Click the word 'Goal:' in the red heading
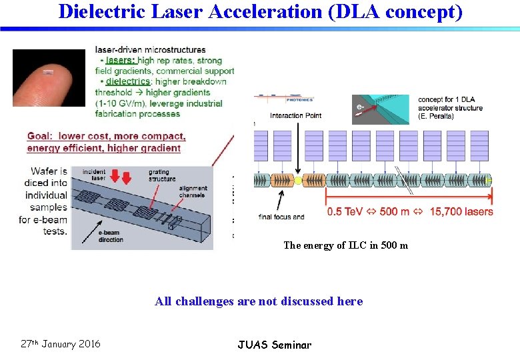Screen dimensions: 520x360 tap(40, 137)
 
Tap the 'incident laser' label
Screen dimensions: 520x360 tap(93, 175)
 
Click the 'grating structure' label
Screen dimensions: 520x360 tap(162, 175)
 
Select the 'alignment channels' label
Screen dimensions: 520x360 tap(193, 193)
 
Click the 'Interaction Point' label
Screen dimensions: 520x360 tap(296, 115)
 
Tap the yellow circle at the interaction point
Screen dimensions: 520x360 tap(298, 180)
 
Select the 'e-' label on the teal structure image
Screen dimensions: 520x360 tap(360, 106)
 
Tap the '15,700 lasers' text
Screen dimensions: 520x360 tap(461, 212)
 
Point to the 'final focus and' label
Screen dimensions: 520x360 tap(281, 217)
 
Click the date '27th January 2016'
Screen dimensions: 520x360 tap(61, 344)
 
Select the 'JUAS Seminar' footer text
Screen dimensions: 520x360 tap(274, 345)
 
